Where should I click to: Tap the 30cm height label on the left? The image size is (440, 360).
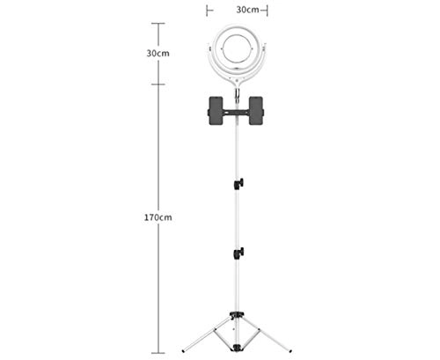(158, 54)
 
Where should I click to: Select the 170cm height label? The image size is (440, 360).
(158, 217)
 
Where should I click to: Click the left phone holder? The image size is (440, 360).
(214, 114)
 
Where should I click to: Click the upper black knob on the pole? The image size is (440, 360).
(239, 183)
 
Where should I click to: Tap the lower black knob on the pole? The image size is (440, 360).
(239, 253)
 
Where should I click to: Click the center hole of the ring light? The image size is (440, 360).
(235, 53)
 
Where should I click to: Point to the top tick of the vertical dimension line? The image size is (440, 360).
(158, 24)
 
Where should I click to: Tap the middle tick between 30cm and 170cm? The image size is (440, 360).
(158, 84)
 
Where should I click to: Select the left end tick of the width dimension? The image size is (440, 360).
(207, 11)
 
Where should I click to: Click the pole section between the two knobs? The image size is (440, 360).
(238, 218)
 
